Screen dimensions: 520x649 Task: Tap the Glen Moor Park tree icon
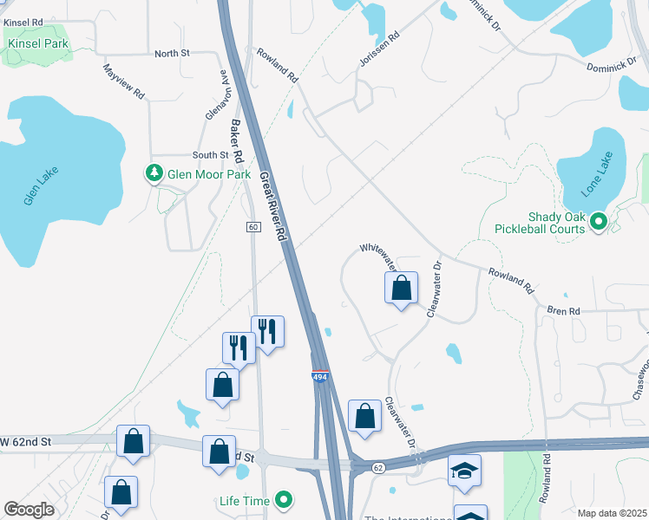(x=154, y=174)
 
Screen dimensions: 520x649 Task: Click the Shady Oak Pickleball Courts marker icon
(x=598, y=224)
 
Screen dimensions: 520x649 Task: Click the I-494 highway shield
(x=320, y=377)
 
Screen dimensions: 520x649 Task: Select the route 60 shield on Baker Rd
(x=252, y=226)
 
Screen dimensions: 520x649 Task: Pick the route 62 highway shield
(x=378, y=468)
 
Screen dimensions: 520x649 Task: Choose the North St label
(x=172, y=54)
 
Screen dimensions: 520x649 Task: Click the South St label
(x=209, y=155)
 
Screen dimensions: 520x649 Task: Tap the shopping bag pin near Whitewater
(x=402, y=288)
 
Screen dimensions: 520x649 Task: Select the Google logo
(x=29, y=510)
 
